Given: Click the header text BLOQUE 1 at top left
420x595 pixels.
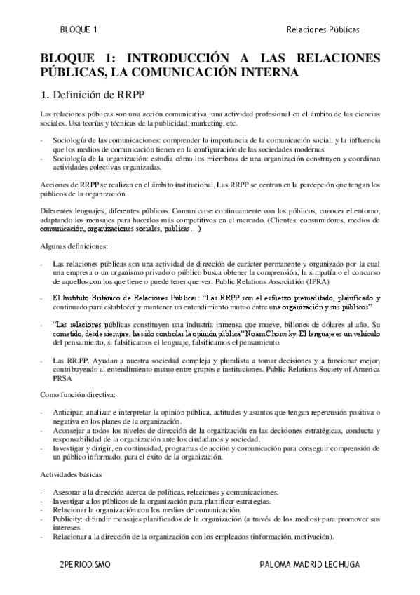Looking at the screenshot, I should click(79, 29).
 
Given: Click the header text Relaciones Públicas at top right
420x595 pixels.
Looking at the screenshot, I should click(323, 29).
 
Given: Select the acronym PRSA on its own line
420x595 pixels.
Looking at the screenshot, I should click(63, 376).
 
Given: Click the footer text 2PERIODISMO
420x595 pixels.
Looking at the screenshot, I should click(86, 563).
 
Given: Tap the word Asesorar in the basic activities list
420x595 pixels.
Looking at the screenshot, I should click(70, 491).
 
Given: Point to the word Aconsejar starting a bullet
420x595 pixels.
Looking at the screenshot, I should click(72, 429).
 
